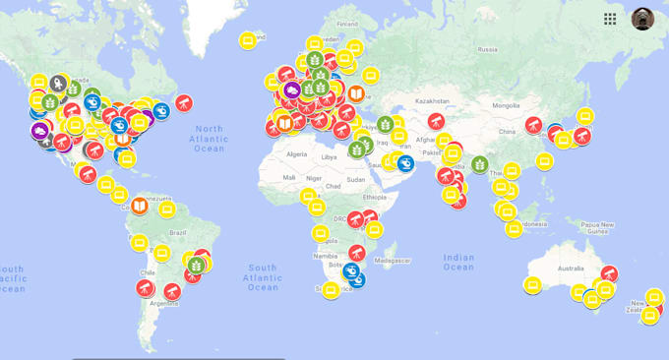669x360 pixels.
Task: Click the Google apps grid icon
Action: tap(610, 19)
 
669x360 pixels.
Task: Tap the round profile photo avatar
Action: tap(642, 19)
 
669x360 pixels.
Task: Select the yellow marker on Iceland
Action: tap(248, 40)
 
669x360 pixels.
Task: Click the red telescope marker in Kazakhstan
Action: tap(435, 121)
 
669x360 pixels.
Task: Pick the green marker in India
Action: tap(479, 164)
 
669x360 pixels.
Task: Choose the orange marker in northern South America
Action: tap(140, 206)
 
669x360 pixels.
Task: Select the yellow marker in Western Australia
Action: tap(532, 285)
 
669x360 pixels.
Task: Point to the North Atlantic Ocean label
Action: tap(209, 138)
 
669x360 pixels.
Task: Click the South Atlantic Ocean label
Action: tap(263, 277)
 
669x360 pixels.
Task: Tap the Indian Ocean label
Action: tap(458, 262)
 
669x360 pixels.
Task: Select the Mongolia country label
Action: tap(506, 105)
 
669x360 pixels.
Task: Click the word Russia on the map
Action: tap(487, 49)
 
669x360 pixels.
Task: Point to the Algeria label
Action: tap(296, 154)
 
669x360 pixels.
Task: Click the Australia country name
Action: tap(571, 269)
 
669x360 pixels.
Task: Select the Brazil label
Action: tap(178, 232)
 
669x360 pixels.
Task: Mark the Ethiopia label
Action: tap(375, 197)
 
